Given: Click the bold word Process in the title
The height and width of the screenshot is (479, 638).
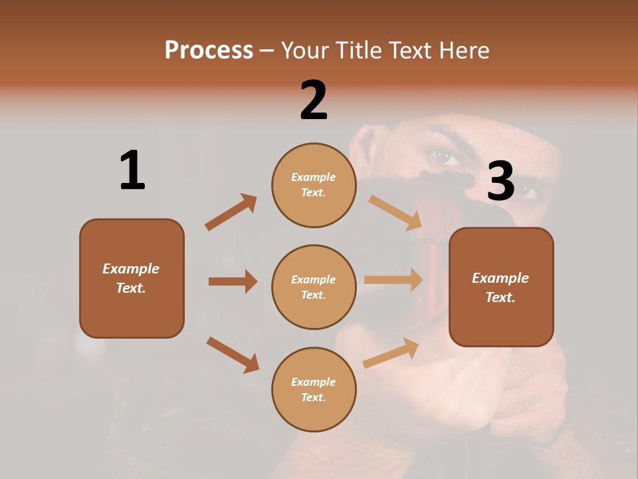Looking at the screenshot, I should coord(209,51).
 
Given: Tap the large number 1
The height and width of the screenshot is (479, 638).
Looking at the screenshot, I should coord(132,170).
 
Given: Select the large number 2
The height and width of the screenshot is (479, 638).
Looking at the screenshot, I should coord(314,100).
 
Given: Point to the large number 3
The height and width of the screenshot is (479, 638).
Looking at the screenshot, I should coord(500,182).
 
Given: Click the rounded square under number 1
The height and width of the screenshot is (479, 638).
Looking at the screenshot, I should coord(132,278).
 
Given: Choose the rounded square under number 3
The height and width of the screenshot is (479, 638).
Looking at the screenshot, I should coord(501,287).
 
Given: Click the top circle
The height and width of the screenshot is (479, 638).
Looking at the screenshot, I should coord(314,185).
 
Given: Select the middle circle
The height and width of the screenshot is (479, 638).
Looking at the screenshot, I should coord(314,287).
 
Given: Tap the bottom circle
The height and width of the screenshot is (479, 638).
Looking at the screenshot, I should coord(314,390).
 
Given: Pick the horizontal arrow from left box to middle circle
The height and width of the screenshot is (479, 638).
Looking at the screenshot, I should coord(233,281).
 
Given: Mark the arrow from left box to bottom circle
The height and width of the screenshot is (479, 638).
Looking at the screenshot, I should coord(233,354).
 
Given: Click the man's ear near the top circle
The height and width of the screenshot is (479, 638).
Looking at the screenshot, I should coord(364,143).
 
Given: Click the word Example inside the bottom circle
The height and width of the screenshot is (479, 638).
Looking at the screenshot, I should coord(314,382).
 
